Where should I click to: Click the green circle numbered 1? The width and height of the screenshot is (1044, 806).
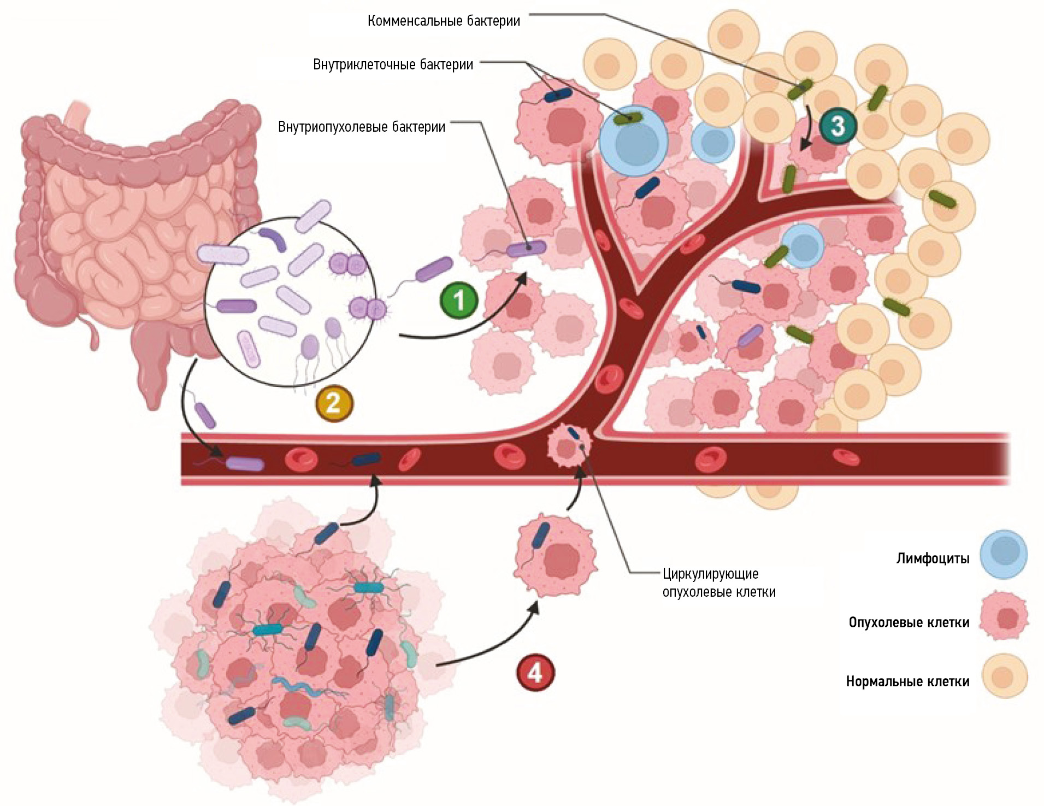coord(459,300)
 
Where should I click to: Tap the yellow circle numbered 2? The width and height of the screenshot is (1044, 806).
coord(334,403)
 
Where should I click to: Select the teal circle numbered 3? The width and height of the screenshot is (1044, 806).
coord(837,126)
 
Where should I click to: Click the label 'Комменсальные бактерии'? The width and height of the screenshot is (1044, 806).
coord(444,21)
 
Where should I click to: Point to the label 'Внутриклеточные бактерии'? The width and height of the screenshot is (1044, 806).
coord(393,64)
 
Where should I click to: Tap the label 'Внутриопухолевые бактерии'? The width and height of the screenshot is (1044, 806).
coord(362,127)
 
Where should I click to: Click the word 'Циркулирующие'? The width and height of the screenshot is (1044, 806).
coord(710,574)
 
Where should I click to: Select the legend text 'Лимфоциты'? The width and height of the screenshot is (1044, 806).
coord(933,558)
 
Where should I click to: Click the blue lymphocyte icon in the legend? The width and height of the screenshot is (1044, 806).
coord(1003,554)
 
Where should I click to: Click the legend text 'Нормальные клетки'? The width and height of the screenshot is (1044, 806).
coord(907,681)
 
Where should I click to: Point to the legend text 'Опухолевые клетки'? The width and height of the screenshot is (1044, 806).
coord(909,622)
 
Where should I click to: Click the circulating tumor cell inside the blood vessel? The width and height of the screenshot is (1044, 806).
coord(568,446)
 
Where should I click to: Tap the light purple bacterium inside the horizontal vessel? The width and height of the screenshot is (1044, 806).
coord(245,464)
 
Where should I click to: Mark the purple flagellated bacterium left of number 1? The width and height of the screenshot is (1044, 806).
coord(434,269)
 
